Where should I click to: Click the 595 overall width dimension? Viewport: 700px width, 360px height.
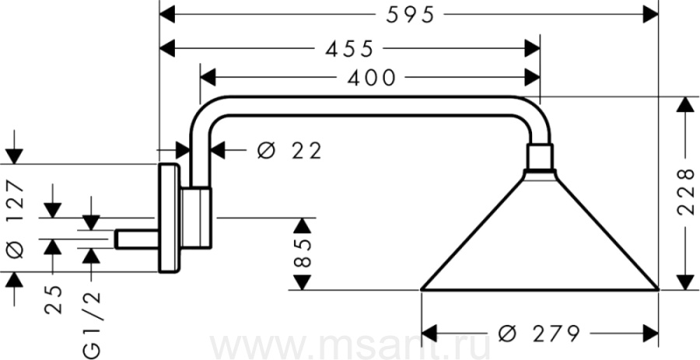coord(410,16)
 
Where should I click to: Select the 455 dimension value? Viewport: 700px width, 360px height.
coord(349,49)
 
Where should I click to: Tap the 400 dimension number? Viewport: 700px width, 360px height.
coord(372,78)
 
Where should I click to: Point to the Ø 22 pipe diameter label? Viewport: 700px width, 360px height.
coord(289,152)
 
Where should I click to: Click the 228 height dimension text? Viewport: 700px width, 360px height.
coord(686,192)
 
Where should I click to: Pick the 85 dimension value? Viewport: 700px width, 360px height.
coord(303,253)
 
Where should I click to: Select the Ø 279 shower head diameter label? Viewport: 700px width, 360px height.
coord(539,333)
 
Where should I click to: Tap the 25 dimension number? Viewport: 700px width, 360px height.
coord(53,300)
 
